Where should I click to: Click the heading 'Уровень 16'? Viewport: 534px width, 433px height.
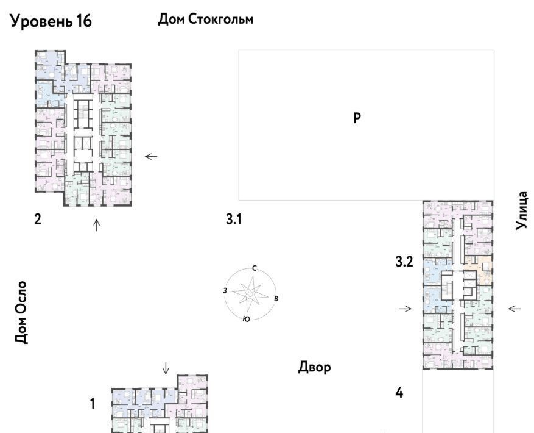tap(51, 21)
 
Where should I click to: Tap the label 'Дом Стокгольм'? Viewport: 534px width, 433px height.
tap(206, 20)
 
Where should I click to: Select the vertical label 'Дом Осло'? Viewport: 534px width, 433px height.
tap(21, 312)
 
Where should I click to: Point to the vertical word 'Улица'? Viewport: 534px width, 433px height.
tap(521, 210)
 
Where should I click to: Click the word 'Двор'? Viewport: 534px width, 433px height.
tap(314, 368)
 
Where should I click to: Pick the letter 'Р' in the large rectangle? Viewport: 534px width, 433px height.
tap(357, 118)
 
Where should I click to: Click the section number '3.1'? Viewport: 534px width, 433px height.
tap(234, 219)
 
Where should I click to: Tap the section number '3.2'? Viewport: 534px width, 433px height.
tap(404, 262)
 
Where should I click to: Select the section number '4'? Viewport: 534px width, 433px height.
tap(399, 393)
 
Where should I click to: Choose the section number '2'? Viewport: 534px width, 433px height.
tap(38, 219)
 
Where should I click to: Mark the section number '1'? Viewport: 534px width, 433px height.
tap(93, 404)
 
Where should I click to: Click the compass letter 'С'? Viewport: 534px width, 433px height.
tap(254, 268)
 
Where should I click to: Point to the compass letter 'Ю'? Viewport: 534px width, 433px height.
tap(246, 320)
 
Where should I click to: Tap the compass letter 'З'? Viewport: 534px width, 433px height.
tap(225, 291)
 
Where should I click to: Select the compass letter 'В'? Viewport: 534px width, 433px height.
tap(276, 299)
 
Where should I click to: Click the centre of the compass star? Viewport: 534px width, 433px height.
tap(250, 294)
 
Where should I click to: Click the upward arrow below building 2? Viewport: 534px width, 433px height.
tap(97, 225)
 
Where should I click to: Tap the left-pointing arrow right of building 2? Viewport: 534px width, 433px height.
tap(151, 157)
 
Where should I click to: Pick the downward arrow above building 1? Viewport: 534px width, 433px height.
tap(166, 368)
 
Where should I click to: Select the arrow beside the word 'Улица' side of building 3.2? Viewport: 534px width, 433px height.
tap(515, 309)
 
